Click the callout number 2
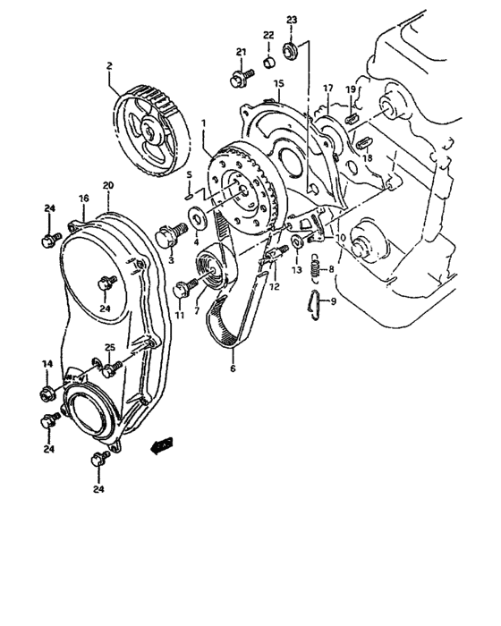pyautogui.click(x=109, y=65)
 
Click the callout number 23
pyautogui.click(x=291, y=19)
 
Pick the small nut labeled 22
pyautogui.click(x=267, y=63)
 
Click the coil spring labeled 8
pyautogui.click(x=315, y=266)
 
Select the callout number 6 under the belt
pyautogui.click(x=234, y=368)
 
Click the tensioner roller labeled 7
pyautogui.click(x=215, y=266)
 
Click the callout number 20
pyautogui.click(x=107, y=186)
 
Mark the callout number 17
pyautogui.click(x=327, y=88)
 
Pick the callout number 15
pyautogui.click(x=278, y=83)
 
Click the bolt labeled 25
pyautogui.click(x=112, y=366)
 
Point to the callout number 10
pyautogui.click(x=340, y=239)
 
